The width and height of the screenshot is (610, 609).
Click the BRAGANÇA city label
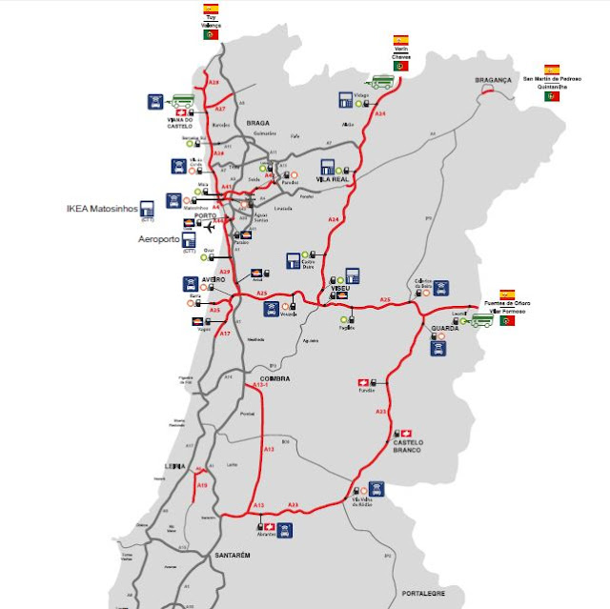(x=494, y=81)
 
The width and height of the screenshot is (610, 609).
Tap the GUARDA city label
(x=444, y=328)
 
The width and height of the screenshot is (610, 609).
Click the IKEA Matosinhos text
(x=102, y=207)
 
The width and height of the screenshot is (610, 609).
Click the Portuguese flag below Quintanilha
(x=551, y=96)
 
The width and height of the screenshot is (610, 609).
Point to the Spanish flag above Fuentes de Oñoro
(x=506, y=294)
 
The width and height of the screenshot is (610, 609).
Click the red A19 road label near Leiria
(x=202, y=485)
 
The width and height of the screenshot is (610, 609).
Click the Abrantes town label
(x=266, y=535)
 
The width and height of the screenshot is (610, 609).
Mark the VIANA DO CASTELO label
(x=181, y=121)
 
